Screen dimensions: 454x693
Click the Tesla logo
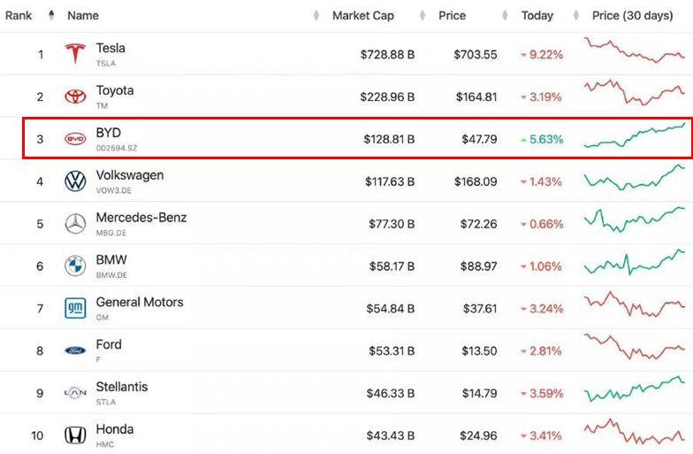(75, 54)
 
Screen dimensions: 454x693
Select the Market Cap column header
(362, 15)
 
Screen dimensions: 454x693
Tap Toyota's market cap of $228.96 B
(387, 97)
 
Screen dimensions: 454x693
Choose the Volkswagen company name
(129, 175)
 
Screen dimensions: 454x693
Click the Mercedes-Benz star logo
(75, 224)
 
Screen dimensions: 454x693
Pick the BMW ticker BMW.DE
(111, 275)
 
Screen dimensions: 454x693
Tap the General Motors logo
(75, 309)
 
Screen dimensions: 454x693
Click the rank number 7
(40, 309)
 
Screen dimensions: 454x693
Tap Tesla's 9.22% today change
(544, 55)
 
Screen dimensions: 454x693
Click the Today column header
(537, 15)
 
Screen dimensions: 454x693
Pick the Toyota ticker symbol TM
(103, 105)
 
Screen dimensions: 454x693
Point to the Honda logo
(75, 435)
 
